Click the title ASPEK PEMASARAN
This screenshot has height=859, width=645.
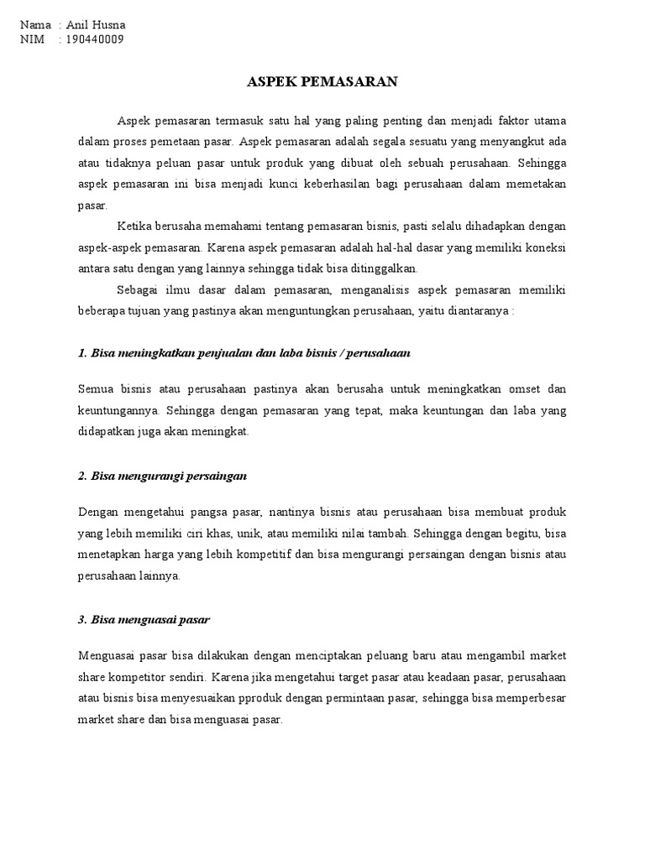(322, 82)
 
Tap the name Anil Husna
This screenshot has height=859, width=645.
(95, 25)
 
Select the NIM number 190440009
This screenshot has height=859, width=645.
(95, 39)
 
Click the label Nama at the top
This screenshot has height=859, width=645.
(35, 25)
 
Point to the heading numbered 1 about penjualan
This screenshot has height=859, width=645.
(244, 353)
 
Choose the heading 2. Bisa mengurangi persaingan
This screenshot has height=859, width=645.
(162, 476)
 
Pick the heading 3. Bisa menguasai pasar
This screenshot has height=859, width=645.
(144, 620)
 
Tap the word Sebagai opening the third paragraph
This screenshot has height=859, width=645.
(138, 290)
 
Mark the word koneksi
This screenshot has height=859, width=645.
(545, 247)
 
